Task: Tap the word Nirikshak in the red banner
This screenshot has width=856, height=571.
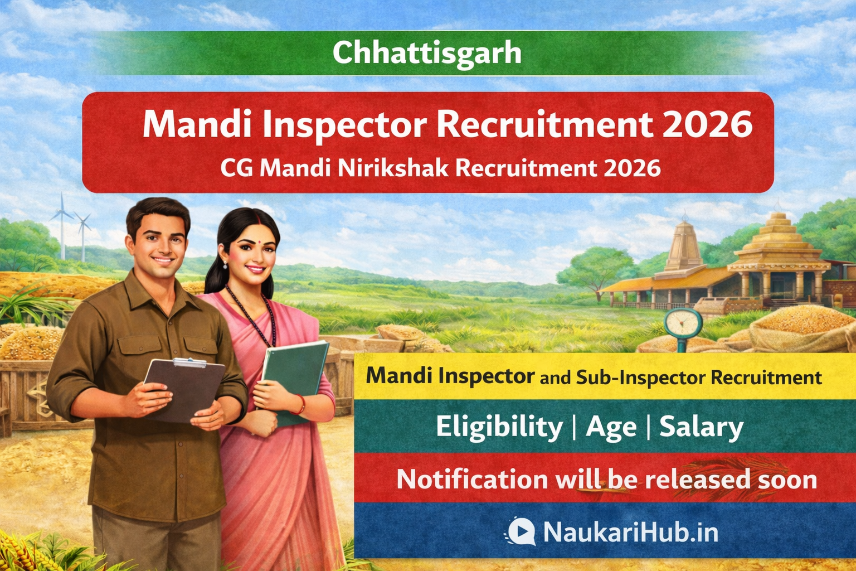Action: click(393, 168)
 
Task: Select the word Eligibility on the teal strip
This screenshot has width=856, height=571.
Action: click(499, 428)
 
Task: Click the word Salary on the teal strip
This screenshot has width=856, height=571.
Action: click(701, 428)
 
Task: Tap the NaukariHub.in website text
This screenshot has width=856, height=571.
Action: click(630, 531)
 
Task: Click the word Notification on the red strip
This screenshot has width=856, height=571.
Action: click(473, 480)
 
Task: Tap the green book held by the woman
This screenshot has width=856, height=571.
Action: click(294, 379)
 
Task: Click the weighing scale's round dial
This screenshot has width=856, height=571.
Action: click(683, 323)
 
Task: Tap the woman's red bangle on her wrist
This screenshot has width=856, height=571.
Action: click(300, 405)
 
